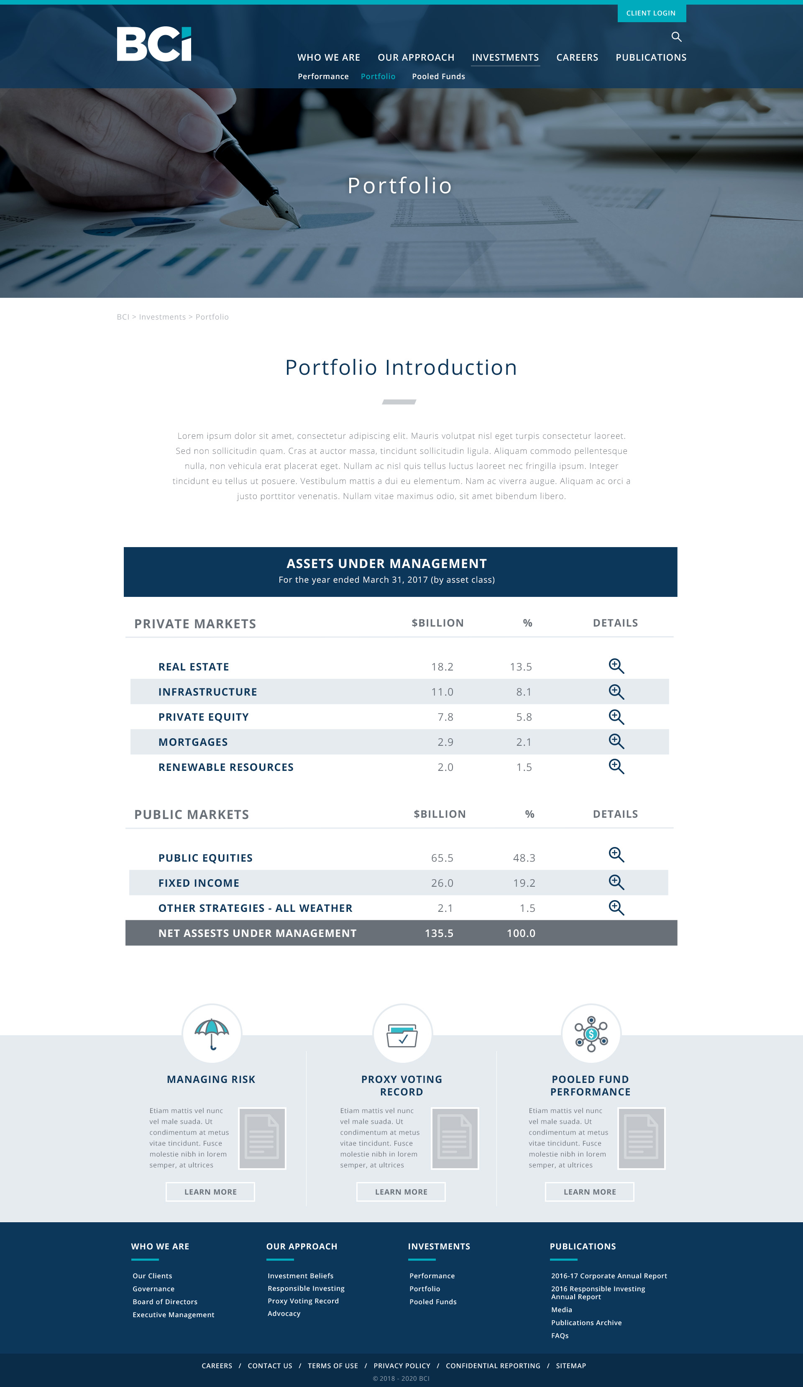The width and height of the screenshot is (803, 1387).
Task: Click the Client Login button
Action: (x=651, y=13)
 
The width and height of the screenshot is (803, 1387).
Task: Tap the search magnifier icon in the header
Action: (x=676, y=37)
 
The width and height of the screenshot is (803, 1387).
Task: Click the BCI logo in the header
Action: (x=154, y=44)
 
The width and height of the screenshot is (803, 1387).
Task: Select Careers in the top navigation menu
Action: (x=577, y=57)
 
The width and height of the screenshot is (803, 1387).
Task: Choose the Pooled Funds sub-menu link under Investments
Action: (x=438, y=77)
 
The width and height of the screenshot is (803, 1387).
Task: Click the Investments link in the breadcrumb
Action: (x=162, y=317)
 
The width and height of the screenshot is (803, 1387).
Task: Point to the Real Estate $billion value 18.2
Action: (x=442, y=667)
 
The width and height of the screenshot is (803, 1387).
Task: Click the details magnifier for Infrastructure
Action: (x=616, y=692)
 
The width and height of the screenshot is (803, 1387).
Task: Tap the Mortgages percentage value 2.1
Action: (x=523, y=742)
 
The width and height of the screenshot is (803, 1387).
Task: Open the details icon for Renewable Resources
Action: (x=616, y=767)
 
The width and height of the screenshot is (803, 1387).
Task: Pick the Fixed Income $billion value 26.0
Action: (x=442, y=883)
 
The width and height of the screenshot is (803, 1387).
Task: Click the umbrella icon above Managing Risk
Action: (x=212, y=1034)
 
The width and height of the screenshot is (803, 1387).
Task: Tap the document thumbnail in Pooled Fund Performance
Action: (x=641, y=1138)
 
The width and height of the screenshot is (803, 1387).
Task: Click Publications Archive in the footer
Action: (x=586, y=1323)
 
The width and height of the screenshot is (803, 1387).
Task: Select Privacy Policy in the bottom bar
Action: (x=402, y=1366)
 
